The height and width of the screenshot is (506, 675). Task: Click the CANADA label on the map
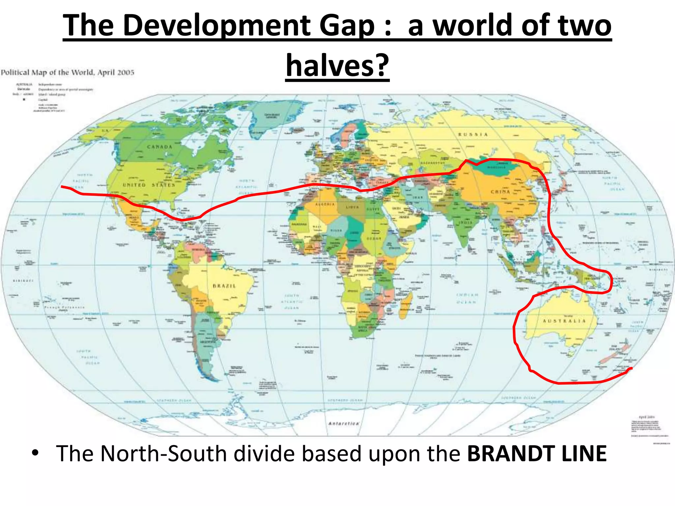pos(160,147)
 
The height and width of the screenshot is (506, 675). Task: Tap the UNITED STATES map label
pos(149,185)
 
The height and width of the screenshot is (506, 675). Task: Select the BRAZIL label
pos(224,286)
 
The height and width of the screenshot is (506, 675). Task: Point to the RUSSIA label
pos(473,134)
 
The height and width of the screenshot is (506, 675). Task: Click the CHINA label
pos(500,192)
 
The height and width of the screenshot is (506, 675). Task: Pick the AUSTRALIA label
pos(564,321)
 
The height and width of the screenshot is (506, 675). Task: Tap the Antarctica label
pos(343,423)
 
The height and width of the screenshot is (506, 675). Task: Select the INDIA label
pos(466,222)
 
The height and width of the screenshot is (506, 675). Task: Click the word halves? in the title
pos(337,65)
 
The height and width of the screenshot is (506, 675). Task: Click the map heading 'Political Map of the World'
pos(67,72)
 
